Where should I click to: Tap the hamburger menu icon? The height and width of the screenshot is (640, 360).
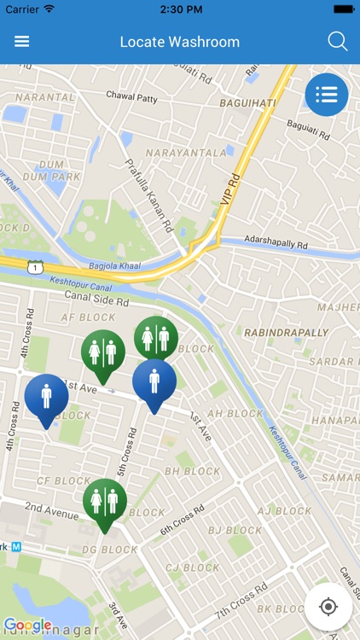coord(22,42)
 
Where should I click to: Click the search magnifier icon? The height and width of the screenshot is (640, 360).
coord(338,42)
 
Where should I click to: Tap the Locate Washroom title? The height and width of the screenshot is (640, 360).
coord(179,42)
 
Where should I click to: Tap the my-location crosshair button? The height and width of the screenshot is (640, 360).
coord(328,607)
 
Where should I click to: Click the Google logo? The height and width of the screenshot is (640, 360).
coord(27,625)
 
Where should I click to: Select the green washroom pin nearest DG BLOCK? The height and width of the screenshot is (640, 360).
coord(105,503)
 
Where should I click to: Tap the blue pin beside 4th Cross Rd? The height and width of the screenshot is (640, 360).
coord(46,399)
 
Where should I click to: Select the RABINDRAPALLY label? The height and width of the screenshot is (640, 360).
coord(286,332)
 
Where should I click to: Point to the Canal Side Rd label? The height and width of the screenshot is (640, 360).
coord(96,299)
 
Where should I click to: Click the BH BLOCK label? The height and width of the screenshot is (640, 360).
coord(192,471)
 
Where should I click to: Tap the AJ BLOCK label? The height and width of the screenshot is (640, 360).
coord(284,511)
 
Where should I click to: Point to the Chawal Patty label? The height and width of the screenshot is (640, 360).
coord(132,96)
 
